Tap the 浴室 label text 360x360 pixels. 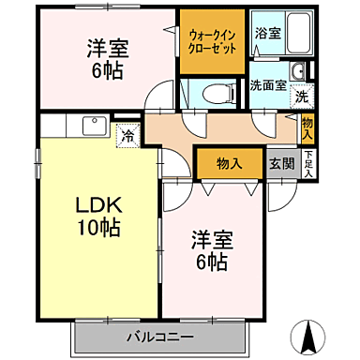(x=267, y=33)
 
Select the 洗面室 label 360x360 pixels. (x=267, y=85)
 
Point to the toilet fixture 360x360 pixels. (x=209, y=92)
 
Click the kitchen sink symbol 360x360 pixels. (x=93, y=125)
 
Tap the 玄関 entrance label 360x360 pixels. (x=281, y=162)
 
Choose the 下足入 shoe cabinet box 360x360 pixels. (x=309, y=162)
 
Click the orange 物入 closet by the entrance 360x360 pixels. (x=230, y=163)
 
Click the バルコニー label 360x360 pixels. (x=160, y=336)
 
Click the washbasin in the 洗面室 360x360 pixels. (x=298, y=72)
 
